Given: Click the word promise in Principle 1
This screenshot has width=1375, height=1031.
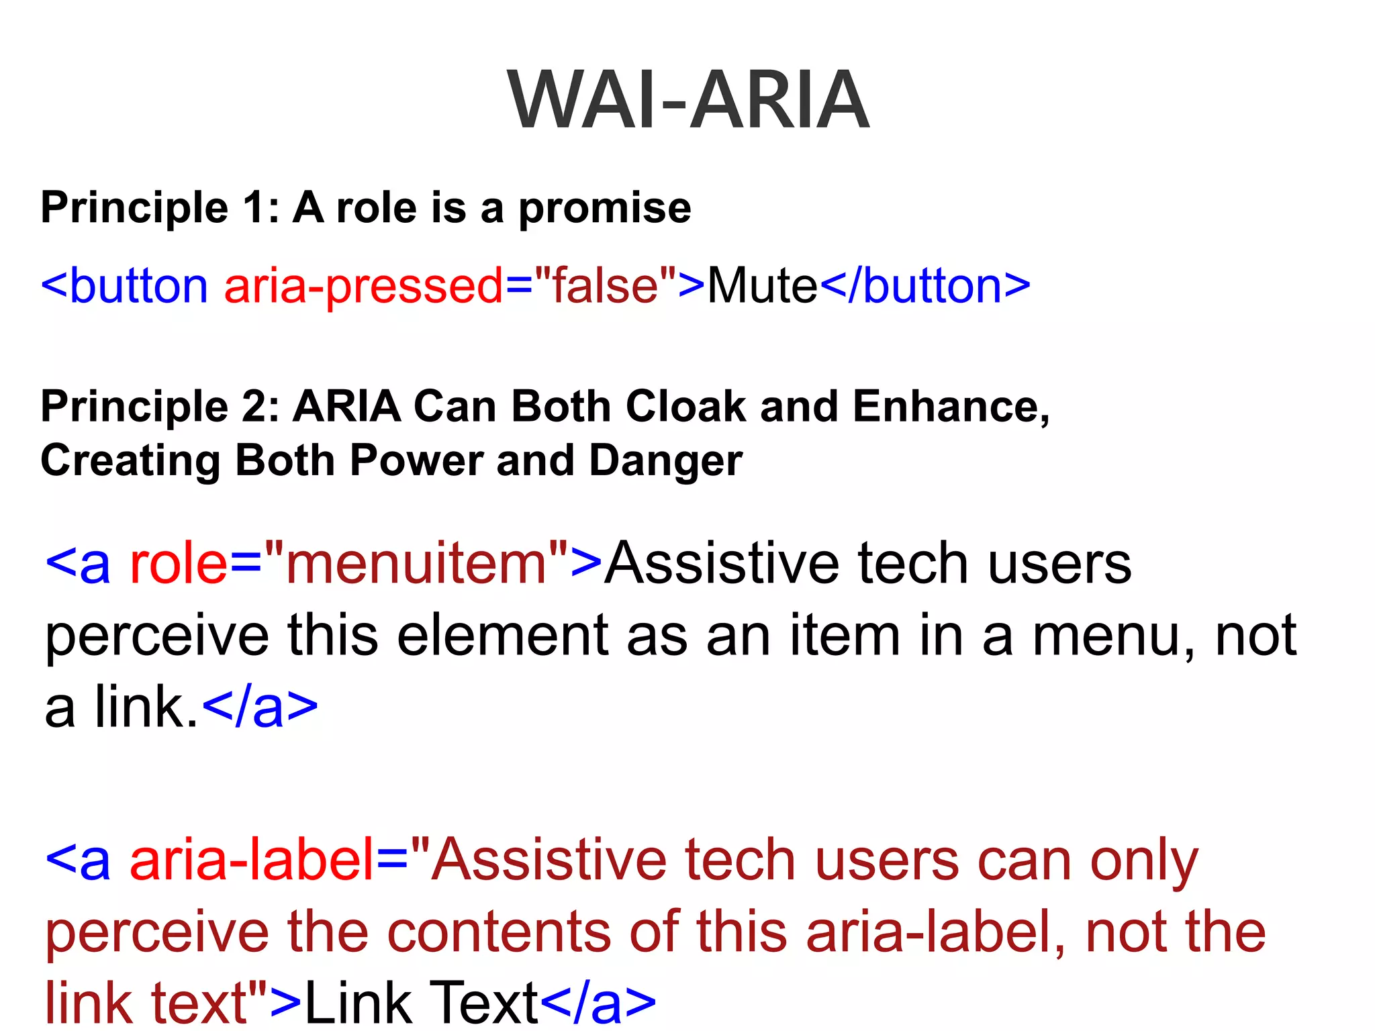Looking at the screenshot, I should tap(604, 209).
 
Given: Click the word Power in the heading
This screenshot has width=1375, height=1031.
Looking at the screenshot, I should tap(416, 461).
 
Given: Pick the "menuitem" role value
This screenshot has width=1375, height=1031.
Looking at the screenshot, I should tap(416, 564).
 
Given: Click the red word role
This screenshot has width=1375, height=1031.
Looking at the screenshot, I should tap(179, 564).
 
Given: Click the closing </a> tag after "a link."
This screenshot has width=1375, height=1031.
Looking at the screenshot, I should tap(260, 707).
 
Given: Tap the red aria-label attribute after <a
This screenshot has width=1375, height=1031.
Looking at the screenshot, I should tap(251, 861).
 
